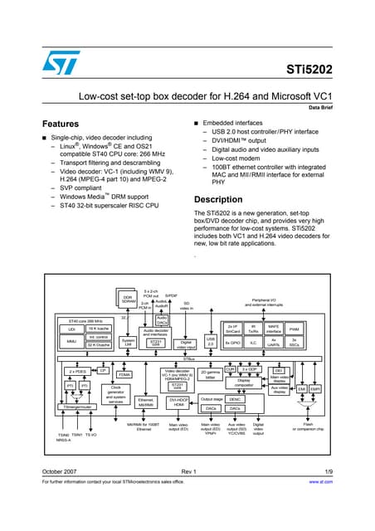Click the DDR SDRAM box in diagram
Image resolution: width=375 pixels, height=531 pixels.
click(x=128, y=300)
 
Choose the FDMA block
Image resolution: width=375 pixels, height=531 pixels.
click(x=124, y=374)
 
